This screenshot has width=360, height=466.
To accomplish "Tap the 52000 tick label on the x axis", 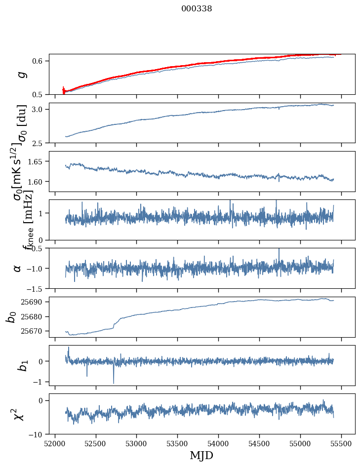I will pyautogui.click(x=55, y=443).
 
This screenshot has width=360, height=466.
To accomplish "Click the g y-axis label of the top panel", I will pyautogui.click(x=21, y=74).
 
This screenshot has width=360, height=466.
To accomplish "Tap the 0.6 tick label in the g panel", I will pyautogui.click(x=39, y=61).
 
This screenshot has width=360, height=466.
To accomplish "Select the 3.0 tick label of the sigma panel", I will pyautogui.click(x=39, y=109).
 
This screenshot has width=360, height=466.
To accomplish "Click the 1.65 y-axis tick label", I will pyautogui.click(x=37, y=161).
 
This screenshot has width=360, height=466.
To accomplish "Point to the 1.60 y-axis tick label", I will pyautogui.click(x=37, y=182).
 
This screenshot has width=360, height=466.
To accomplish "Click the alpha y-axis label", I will pyautogui.click(x=18, y=268).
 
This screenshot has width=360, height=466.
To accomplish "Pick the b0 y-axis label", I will pyautogui.click(x=11, y=316).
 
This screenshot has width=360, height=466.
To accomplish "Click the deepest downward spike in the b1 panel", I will pyautogui.click(x=114, y=383).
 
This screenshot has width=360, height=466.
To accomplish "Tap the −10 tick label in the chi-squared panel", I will pyautogui.click(x=38, y=434).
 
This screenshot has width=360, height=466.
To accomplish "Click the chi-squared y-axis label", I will pyautogui.click(x=19, y=414).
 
